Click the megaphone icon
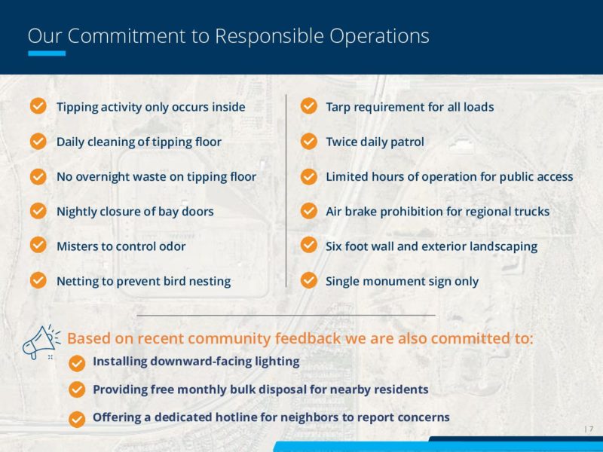click(x=38, y=343)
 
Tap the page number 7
click(x=591, y=429)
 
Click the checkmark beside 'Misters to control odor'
click(x=38, y=246)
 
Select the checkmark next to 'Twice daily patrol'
click(x=308, y=141)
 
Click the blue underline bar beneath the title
click(x=47, y=53)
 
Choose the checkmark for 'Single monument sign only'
click(x=308, y=280)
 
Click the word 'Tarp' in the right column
click(x=339, y=107)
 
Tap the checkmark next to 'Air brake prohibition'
click(x=308, y=210)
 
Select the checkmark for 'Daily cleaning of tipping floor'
click(x=38, y=141)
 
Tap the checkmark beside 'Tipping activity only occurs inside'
click(x=38, y=106)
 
